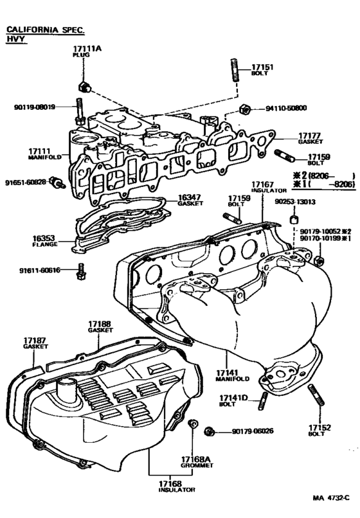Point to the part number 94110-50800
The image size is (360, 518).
pos(287,108)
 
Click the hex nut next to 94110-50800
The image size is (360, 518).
pos(244,108)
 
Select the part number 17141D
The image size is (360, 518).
pos(228,399)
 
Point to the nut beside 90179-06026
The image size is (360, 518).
pos(208,429)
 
